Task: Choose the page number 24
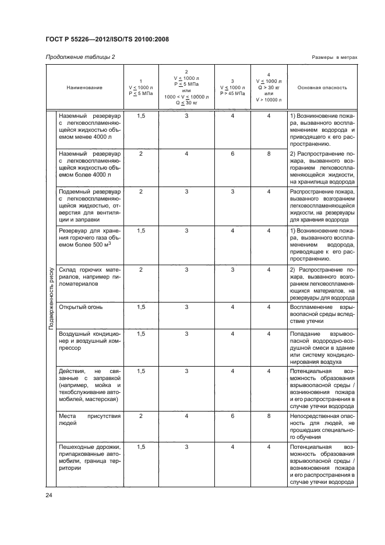coord(48,495)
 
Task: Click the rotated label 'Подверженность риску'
coord(51,298)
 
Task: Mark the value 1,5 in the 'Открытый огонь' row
coord(141,307)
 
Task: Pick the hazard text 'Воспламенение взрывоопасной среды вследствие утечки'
coord(322,313)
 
